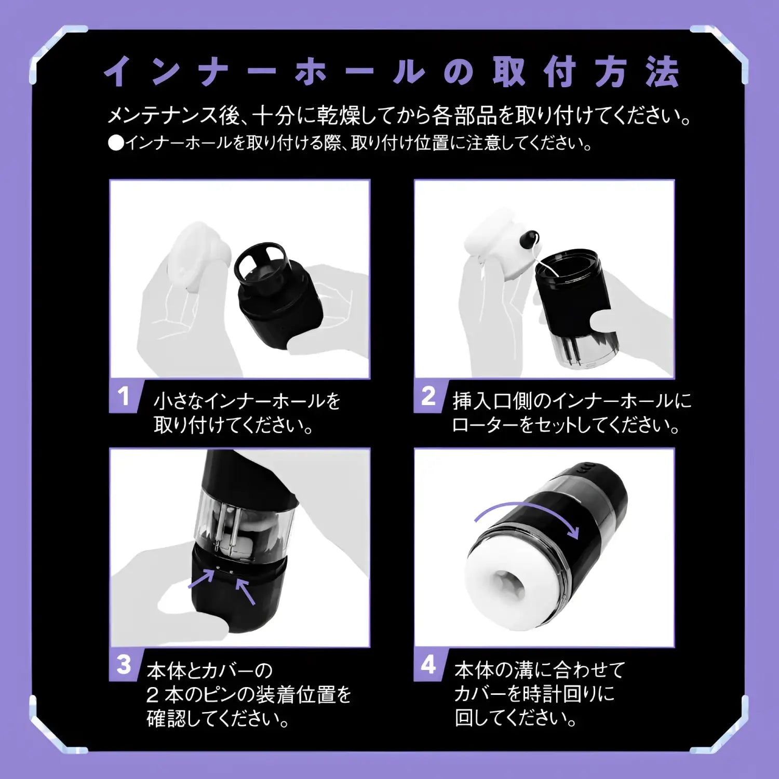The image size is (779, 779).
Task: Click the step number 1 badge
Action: [x=124, y=397]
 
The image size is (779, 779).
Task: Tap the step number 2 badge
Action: [x=428, y=397]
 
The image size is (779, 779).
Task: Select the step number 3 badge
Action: [x=124, y=665]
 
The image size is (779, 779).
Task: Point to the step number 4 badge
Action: [x=428, y=665]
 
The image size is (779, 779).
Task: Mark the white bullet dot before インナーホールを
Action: [x=115, y=143]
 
